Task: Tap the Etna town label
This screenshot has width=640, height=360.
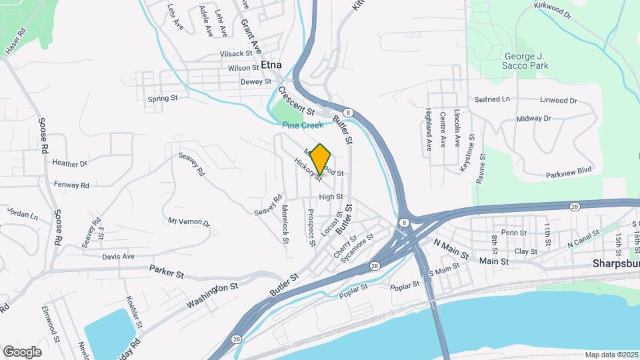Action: (x=271, y=65)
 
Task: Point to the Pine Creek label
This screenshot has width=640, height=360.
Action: (x=302, y=125)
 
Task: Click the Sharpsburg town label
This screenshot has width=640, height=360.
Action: (x=615, y=264)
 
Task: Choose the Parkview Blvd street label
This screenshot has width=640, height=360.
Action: (x=569, y=170)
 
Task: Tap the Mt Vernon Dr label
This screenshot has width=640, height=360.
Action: (x=189, y=222)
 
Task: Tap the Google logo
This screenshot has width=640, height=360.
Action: (x=22, y=351)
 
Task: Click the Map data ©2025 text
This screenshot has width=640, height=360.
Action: (x=611, y=355)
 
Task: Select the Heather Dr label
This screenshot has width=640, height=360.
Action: (x=69, y=163)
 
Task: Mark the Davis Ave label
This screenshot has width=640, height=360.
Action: (x=119, y=257)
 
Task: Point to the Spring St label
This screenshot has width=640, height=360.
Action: (x=163, y=99)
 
